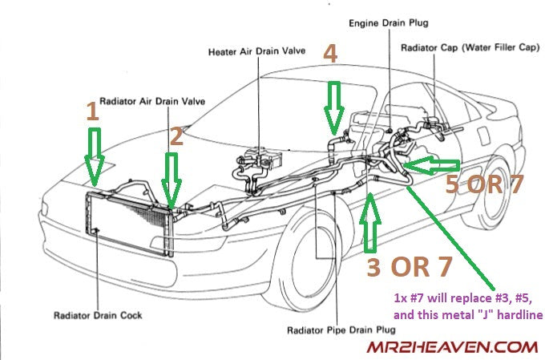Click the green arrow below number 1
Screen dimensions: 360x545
(95, 157)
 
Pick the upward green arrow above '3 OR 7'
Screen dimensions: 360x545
(370, 221)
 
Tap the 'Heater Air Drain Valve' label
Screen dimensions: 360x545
(251, 51)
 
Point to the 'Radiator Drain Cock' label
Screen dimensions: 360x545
(98, 316)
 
